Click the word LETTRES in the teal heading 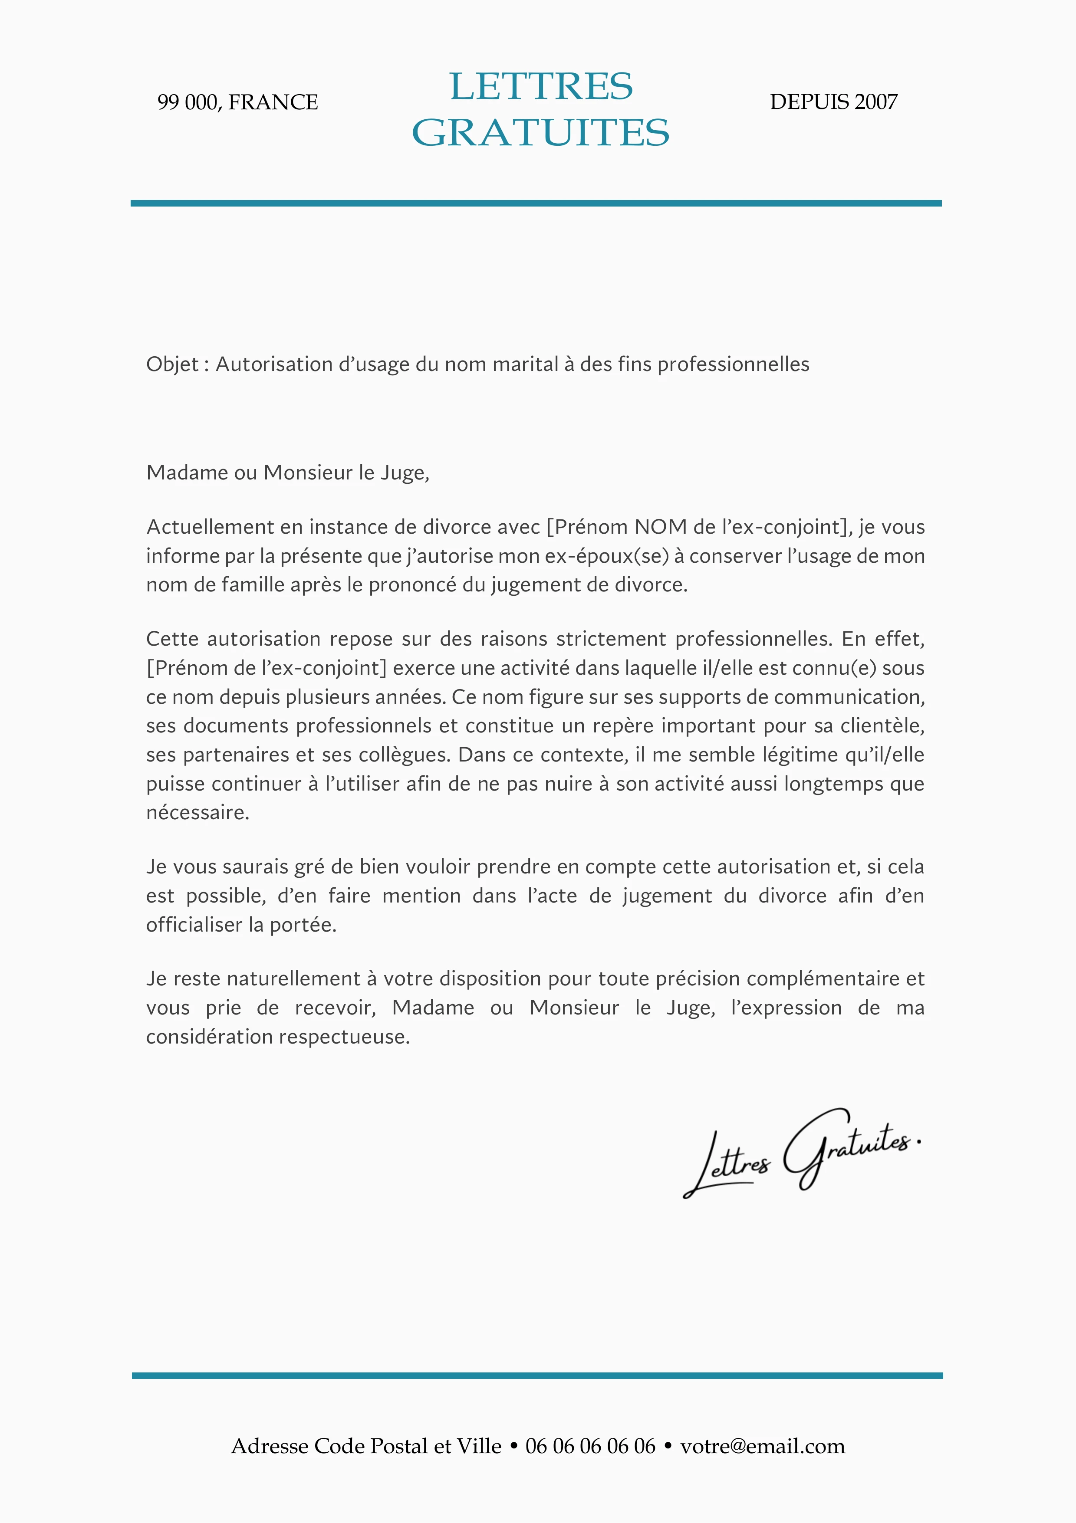(541, 86)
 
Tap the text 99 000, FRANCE (237, 102)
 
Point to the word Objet (172, 364)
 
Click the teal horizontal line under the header (536, 203)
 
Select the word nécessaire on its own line (197, 813)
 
